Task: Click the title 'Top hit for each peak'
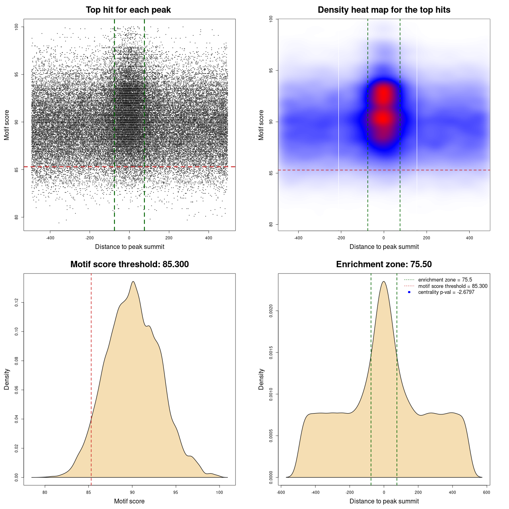coord(128,10)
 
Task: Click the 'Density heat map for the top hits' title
coord(384,10)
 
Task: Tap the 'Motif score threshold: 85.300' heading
coord(129,264)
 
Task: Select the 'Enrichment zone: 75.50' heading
coord(384,264)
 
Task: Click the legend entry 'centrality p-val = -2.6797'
coord(446,292)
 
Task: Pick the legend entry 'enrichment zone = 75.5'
coord(445,280)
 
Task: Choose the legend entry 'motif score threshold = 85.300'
coord(453,286)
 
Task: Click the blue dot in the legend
coord(409,292)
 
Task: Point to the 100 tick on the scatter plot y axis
coord(17,27)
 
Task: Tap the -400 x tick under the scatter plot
coord(50,238)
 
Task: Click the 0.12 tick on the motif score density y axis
coord(17,303)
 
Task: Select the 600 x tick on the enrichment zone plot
coord(486,492)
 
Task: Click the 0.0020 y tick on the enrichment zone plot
coord(271,311)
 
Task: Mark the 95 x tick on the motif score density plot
coord(176,492)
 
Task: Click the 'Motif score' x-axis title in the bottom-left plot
coord(129,501)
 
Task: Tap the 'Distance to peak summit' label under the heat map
coord(384,247)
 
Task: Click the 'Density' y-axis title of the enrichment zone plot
coord(261,379)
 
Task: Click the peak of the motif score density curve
coord(133,282)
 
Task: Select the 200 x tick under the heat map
coord(426,238)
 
